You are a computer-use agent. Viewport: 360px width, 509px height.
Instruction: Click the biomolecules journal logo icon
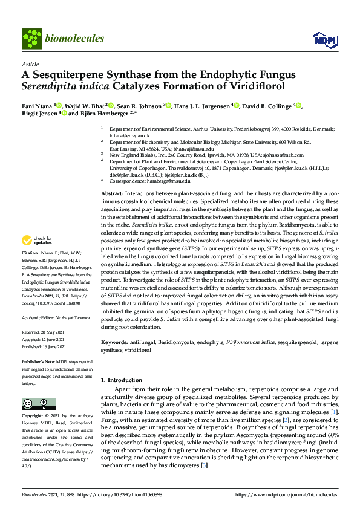(31, 38)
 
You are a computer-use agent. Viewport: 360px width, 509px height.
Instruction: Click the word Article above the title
(30, 64)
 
